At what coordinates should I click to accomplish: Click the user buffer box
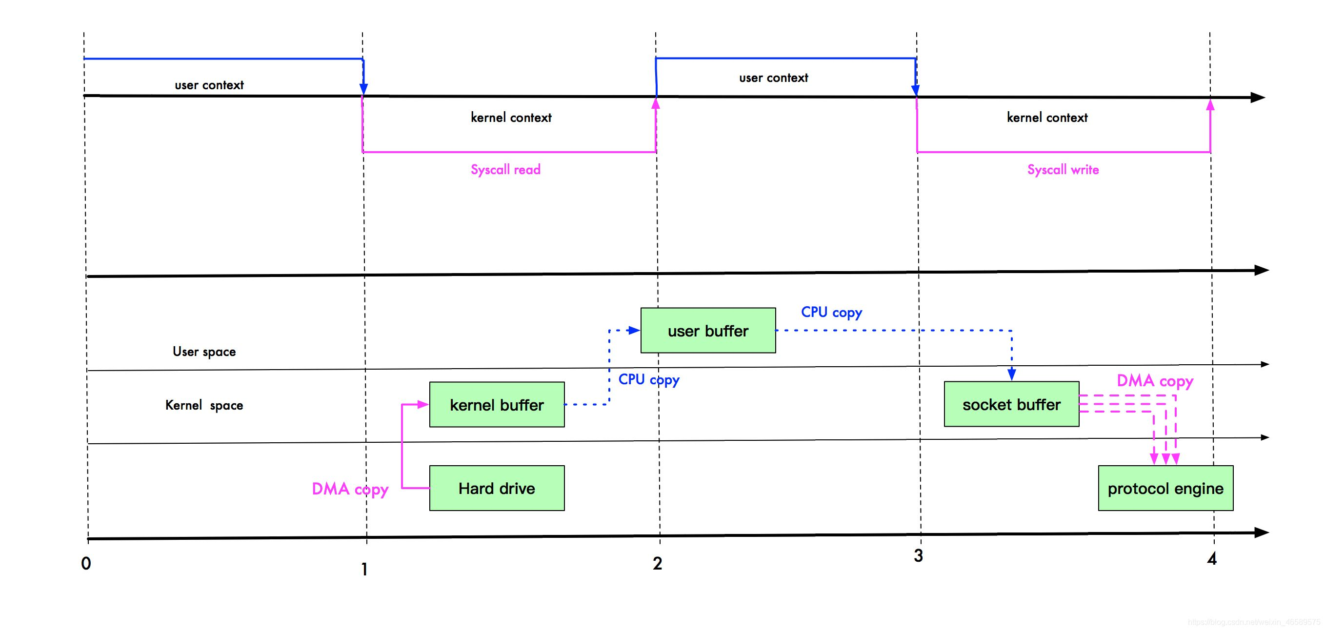pos(708,330)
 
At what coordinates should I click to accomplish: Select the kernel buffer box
pos(497,404)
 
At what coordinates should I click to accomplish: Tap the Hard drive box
pos(497,488)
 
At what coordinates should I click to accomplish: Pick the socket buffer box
pos(1011,404)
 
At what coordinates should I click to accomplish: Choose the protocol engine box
pos(1165,488)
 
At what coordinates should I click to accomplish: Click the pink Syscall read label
pos(505,170)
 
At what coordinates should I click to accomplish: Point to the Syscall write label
pos(1063,170)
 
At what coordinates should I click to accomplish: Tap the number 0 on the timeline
pos(86,563)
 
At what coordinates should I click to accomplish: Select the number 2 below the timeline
pos(657,563)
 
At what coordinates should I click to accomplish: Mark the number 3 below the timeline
pos(918,555)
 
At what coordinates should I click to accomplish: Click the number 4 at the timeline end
pos(1212,558)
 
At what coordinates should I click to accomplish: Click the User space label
pos(204,352)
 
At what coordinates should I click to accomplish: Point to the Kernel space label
pos(204,405)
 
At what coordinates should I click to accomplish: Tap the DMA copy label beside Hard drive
pos(350,489)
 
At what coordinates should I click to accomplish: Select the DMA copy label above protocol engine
pos(1155,381)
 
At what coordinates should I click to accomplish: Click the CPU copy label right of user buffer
pos(832,312)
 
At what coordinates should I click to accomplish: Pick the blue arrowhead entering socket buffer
pos(1012,375)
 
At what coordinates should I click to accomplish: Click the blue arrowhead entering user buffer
pos(634,330)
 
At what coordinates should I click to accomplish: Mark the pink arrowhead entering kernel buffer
pos(423,404)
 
